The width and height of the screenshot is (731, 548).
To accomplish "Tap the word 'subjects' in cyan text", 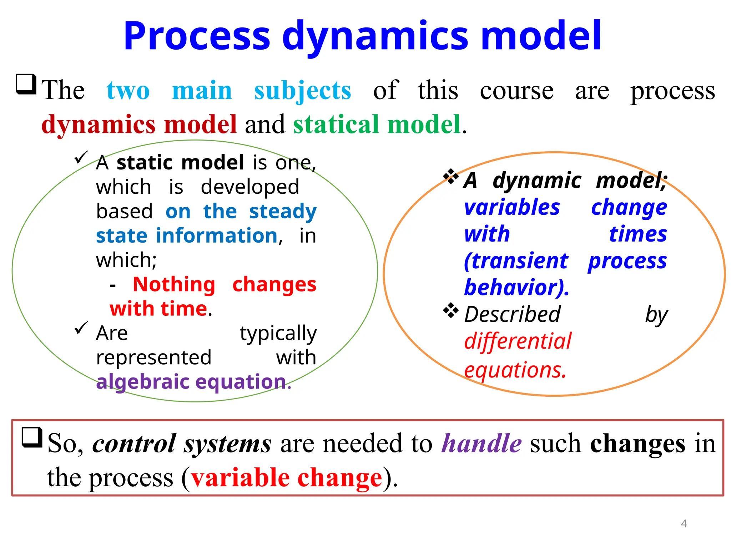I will (x=302, y=91).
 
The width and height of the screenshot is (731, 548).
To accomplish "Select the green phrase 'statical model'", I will (x=377, y=125).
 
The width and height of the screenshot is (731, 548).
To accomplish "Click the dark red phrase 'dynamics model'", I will (x=139, y=125).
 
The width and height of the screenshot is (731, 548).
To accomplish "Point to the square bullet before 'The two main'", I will (x=26, y=84).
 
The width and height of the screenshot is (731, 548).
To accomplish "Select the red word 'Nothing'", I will (x=174, y=285).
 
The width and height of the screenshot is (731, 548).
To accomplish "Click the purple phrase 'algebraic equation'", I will (x=191, y=382).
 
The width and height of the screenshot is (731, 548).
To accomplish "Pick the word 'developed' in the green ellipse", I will (x=250, y=187).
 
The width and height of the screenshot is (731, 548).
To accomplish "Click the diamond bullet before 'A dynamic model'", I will (x=451, y=176).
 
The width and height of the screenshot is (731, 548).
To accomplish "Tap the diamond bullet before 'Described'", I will (x=451, y=310).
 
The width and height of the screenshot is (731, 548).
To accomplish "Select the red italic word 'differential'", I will (x=518, y=341).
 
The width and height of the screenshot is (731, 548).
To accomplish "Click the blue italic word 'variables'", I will (x=512, y=208).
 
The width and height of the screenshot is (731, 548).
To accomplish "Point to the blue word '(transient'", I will (x=516, y=261).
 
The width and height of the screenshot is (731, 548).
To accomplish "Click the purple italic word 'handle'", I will (x=482, y=444).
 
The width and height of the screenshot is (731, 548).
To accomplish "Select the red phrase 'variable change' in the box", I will (x=287, y=478).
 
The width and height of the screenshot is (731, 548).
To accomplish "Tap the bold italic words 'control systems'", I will (x=182, y=444).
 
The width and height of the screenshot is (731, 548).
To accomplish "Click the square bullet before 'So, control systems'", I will (x=32, y=437).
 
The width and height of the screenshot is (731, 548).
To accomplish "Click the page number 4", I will (x=684, y=523).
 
